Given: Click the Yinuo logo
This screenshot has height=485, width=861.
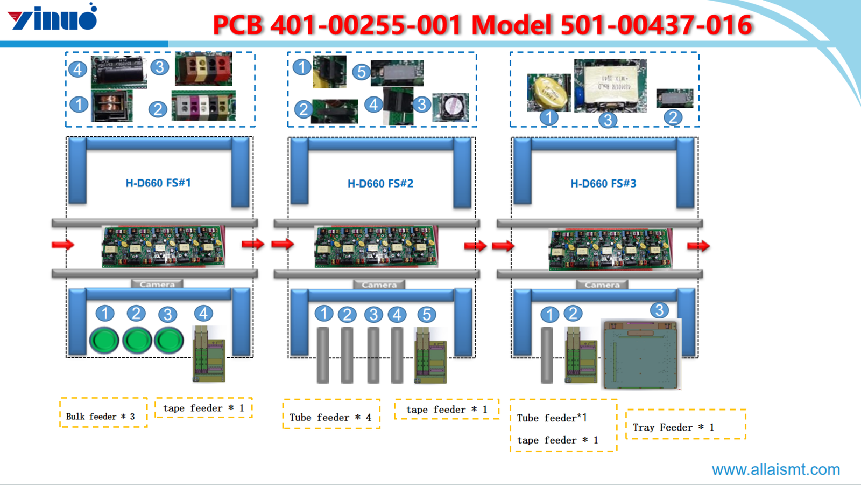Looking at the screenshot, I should click(x=53, y=17).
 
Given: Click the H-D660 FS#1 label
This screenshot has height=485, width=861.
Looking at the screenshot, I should click(x=158, y=183).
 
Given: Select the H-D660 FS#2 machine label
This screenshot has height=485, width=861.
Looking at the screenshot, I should click(x=380, y=184).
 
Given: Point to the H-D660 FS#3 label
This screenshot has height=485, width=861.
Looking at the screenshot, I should click(x=603, y=184).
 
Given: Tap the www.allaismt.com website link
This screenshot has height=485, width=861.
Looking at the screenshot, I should click(x=775, y=469).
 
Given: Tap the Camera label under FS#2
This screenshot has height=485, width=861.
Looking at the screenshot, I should click(x=379, y=285).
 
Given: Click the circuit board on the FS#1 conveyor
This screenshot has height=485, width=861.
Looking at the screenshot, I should click(x=163, y=247).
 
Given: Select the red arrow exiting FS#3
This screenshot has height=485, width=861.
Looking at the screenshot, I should click(x=698, y=246).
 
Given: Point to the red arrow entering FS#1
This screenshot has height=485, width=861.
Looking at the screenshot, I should click(x=63, y=245).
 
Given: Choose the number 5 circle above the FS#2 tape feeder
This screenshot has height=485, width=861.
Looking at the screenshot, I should click(x=426, y=315).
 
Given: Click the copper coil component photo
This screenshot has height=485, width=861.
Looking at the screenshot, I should click(x=111, y=106).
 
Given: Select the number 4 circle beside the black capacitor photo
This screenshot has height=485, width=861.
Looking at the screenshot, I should click(x=77, y=69).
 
